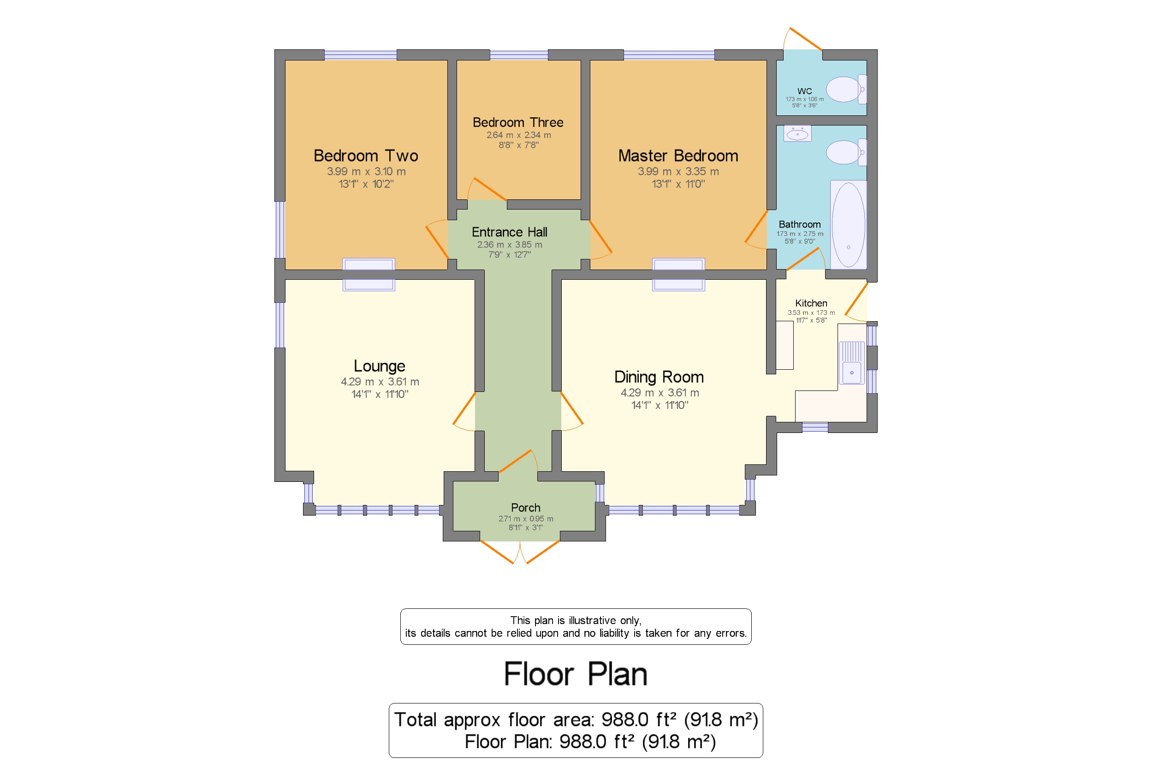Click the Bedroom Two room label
[x=366, y=156]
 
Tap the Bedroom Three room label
[x=517, y=122]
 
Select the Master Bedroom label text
[x=678, y=156]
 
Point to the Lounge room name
[x=379, y=366]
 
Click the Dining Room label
[x=659, y=377]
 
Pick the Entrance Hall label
[x=509, y=232]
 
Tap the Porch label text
[x=525, y=508]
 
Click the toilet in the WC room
[x=846, y=89]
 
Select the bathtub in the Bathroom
[x=848, y=225]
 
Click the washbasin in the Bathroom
[x=797, y=133]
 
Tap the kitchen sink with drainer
[x=852, y=362]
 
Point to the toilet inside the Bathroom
[x=846, y=152]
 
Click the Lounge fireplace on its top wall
[x=368, y=275]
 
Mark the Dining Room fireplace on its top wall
[x=678, y=275]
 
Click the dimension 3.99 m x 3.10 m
[x=366, y=172]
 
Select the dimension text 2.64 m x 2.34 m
[x=518, y=135]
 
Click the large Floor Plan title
[x=576, y=674]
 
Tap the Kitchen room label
[x=811, y=303]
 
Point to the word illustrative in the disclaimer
[x=592, y=620]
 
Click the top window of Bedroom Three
[x=518, y=55]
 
